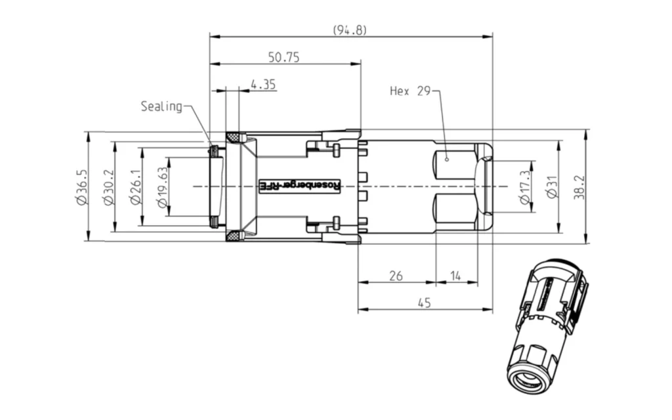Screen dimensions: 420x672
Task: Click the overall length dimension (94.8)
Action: [x=349, y=30]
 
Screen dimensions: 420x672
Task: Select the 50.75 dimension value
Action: [x=283, y=57]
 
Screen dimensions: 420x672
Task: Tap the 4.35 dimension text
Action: [x=263, y=84]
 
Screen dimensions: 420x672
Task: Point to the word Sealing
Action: [x=161, y=106]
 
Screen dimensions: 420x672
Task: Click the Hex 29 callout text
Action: [x=410, y=91]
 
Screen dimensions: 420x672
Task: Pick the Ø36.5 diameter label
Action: [x=81, y=187]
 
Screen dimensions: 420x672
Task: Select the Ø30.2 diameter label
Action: [x=109, y=187]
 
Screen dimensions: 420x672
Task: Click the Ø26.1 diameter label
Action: [x=136, y=187]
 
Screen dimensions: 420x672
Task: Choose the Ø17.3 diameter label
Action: [x=525, y=187]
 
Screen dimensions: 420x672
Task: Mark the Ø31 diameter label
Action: [x=552, y=187]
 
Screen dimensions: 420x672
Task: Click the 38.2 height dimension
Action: [x=579, y=187]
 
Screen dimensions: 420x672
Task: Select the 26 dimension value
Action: [x=396, y=276]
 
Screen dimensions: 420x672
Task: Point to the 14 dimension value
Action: [x=455, y=276]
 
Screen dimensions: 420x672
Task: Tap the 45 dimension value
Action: [x=425, y=303]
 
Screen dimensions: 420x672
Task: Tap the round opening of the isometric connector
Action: [x=528, y=379]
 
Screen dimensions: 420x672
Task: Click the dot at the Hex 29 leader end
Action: [x=446, y=158]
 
